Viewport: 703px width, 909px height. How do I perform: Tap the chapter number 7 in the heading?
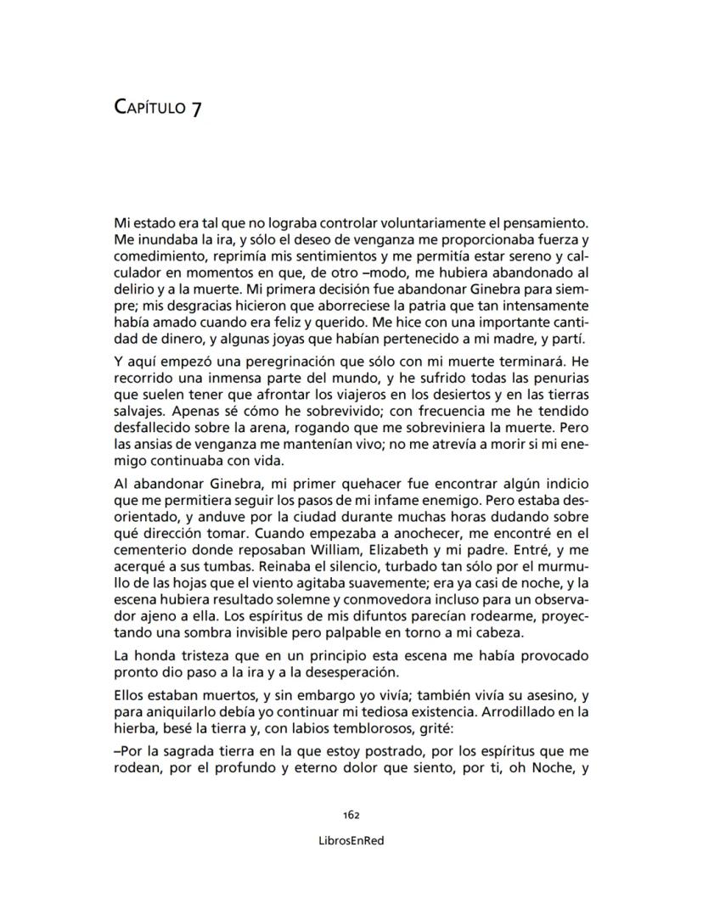[x=196, y=109]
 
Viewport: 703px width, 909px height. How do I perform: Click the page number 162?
[x=351, y=814]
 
